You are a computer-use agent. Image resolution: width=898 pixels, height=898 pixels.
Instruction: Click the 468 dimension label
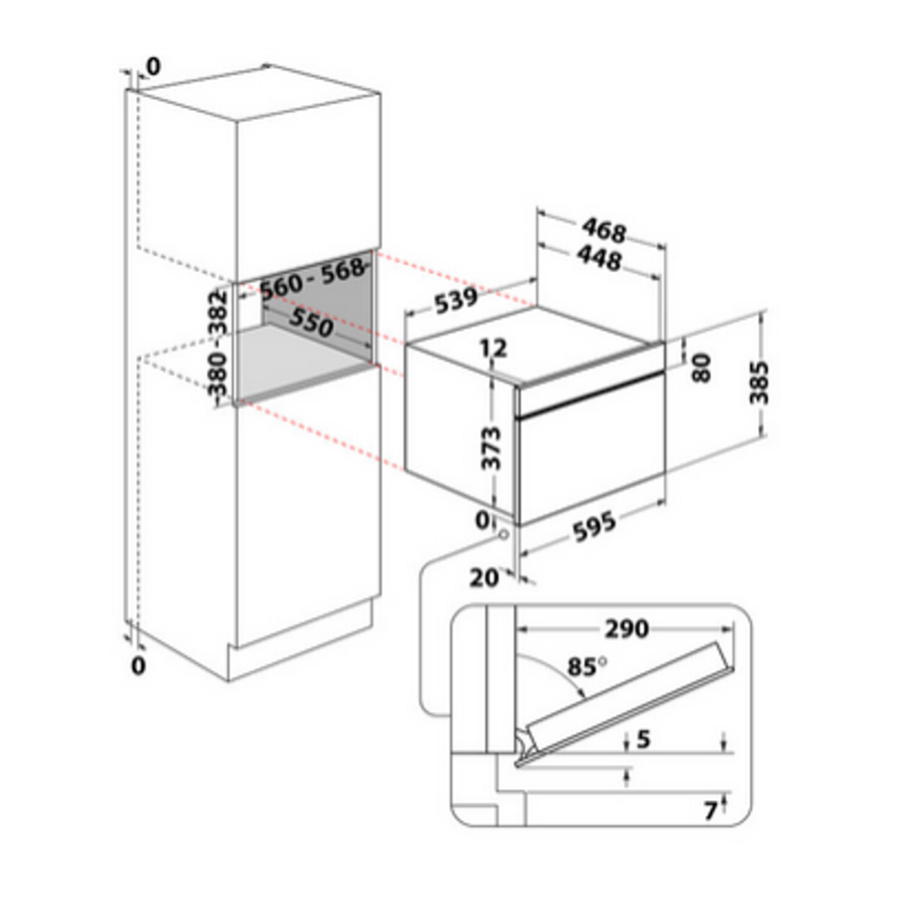point(604,230)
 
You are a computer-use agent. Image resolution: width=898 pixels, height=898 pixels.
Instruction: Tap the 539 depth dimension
point(455,301)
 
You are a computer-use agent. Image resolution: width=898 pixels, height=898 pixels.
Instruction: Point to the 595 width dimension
point(594,525)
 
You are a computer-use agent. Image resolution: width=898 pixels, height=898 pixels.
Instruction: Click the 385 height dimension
point(759,383)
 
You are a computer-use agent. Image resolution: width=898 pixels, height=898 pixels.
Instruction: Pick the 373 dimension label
point(490,448)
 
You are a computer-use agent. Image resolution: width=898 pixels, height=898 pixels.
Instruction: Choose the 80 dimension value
point(701,369)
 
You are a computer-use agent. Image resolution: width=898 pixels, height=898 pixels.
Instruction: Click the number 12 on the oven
point(493,348)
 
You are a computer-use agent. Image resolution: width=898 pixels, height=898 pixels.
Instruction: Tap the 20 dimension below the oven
point(483,578)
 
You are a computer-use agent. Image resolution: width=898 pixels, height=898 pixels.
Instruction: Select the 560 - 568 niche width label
point(313,279)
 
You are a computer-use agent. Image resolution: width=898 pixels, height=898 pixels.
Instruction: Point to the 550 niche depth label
point(311,322)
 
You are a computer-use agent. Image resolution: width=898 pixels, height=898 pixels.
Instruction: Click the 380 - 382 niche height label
point(218,343)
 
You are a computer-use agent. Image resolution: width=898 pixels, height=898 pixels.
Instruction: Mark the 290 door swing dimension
point(626,629)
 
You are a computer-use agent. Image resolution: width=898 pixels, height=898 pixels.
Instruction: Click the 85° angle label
point(587,666)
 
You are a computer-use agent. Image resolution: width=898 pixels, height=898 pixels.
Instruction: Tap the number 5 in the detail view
point(643,739)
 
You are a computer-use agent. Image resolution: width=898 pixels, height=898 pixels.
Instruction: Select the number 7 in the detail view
point(710,810)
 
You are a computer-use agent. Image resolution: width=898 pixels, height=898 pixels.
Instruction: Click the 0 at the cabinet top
point(154,67)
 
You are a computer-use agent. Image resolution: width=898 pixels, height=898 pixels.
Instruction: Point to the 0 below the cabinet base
point(138,665)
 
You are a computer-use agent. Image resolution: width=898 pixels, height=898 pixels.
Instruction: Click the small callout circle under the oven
point(504,533)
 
